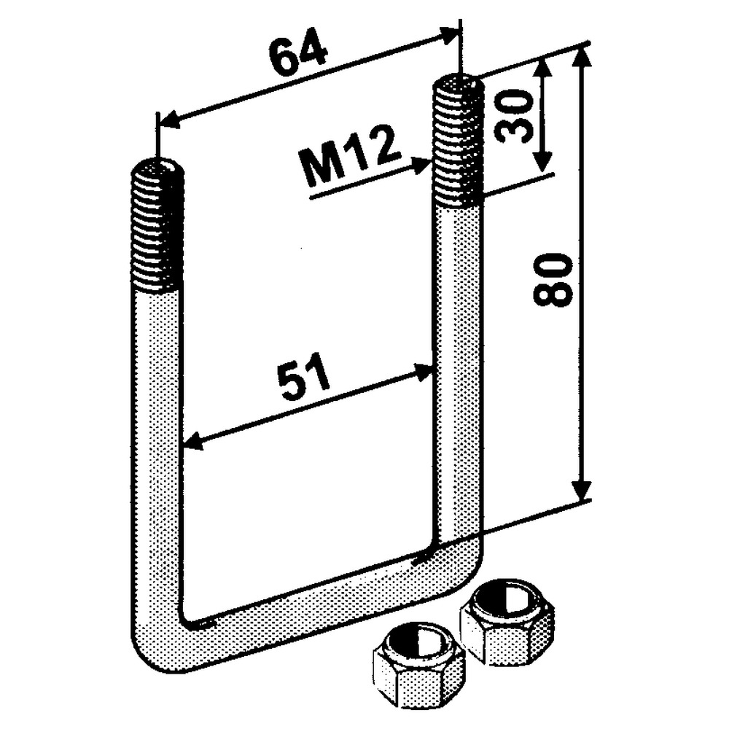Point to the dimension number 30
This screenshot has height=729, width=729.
click(510, 117)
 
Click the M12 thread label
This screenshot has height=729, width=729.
click(350, 157)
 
